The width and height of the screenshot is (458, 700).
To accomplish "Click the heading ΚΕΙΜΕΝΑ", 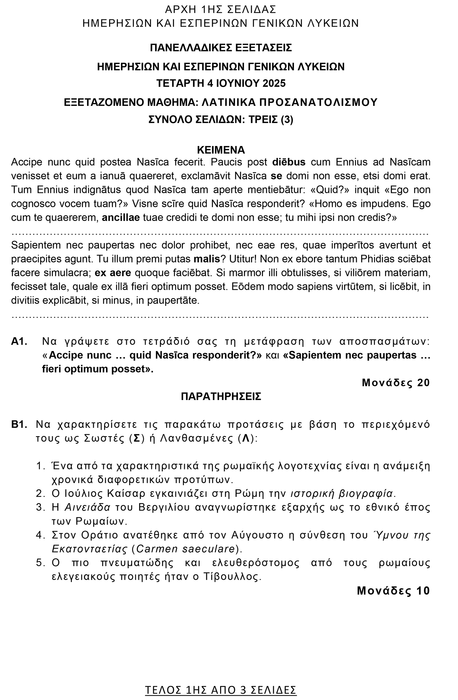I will coord(221,150).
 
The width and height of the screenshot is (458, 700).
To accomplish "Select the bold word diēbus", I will coord(289,162).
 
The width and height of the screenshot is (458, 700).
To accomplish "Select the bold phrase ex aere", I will coord(113,273).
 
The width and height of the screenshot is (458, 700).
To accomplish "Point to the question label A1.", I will coord(19,342).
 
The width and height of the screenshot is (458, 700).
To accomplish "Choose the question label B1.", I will coord(19,424).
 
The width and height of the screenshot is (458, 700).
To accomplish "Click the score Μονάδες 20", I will coord(396,382).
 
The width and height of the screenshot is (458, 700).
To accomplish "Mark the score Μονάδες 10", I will coord(393,591).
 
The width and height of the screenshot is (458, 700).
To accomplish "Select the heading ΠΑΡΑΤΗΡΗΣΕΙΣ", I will coord(221,396).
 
